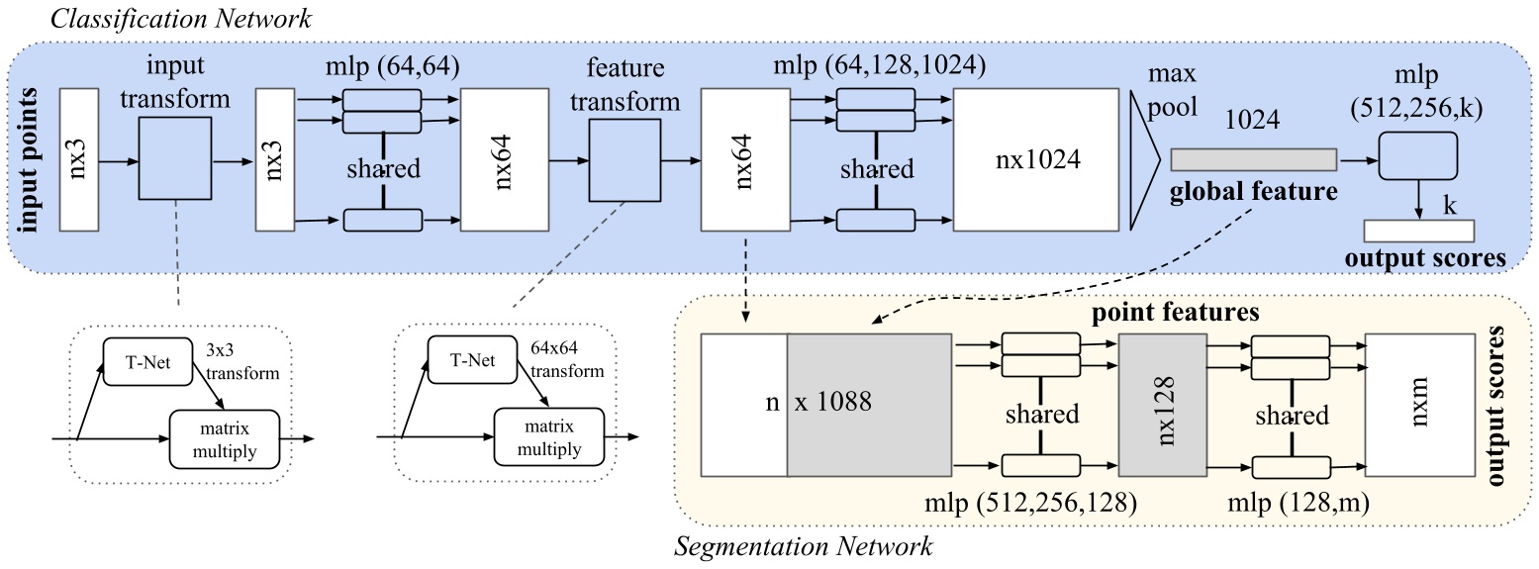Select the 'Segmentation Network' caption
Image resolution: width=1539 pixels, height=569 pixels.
pos(803,545)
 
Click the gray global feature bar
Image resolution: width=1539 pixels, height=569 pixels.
pos(1253,159)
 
